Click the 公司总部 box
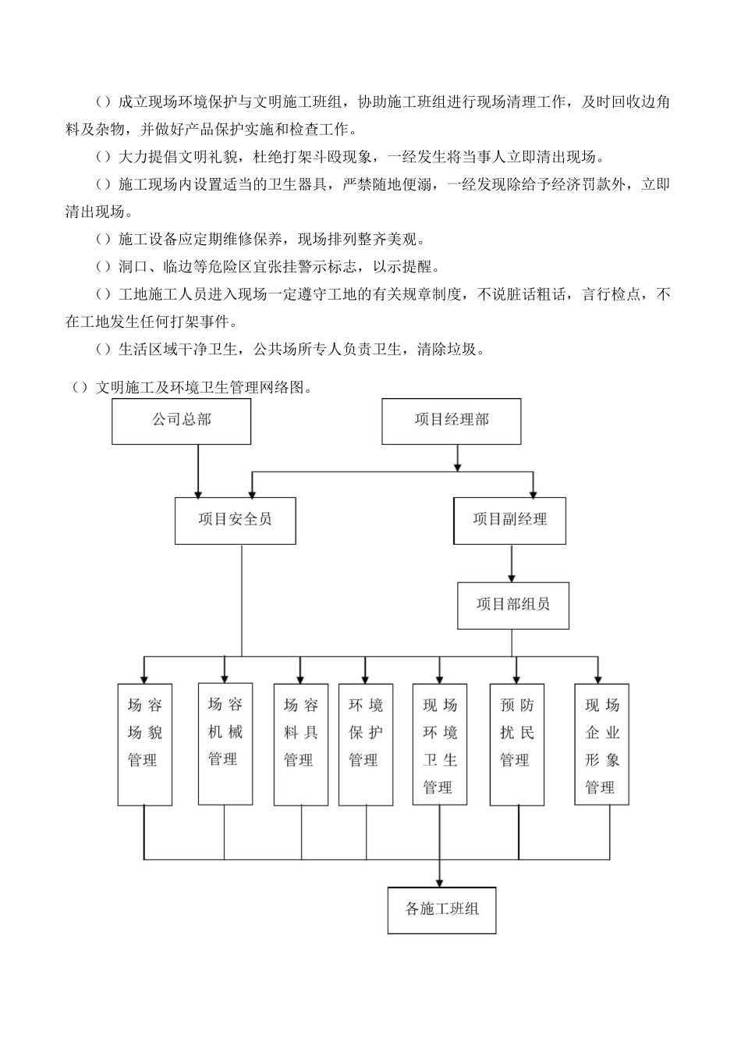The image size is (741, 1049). pos(182,421)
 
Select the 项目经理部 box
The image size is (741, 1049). pos(451,421)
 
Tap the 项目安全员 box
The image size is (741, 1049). pos(235,520)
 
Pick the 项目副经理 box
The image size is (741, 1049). pos(510,520)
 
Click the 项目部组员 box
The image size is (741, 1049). pos(512,605)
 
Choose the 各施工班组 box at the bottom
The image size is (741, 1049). pos(441,909)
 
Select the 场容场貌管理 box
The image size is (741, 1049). pos(144,745)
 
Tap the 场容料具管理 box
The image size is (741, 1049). pos(300,745)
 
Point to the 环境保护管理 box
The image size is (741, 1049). pos(365,745)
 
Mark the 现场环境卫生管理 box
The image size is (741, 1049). pos(439,745)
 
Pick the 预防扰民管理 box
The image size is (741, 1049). pos(516,745)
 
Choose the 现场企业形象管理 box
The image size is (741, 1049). pos(601,745)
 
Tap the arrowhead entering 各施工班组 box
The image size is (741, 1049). pos(441,880)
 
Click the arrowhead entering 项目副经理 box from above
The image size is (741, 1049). pos(534,492)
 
